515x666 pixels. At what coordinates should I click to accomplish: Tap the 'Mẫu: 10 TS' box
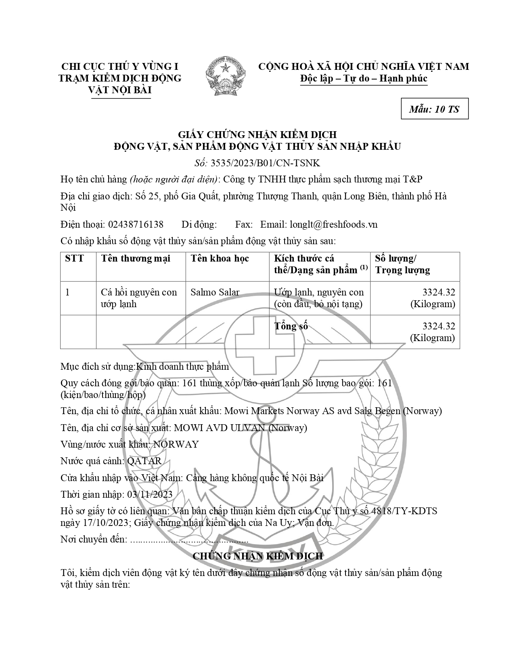[434, 109]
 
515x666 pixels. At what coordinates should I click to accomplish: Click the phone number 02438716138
[135, 224]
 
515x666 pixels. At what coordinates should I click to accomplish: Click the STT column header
[74, 259]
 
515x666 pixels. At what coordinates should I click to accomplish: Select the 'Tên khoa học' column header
[220, 259]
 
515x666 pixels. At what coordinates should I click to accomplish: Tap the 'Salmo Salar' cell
[215, 292]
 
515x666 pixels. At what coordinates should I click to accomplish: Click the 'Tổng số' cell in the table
[291, 326]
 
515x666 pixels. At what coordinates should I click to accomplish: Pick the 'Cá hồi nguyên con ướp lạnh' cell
[139, 298]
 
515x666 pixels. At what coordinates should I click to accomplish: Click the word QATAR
[144, 461]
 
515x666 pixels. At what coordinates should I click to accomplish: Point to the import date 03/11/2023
[150, 494]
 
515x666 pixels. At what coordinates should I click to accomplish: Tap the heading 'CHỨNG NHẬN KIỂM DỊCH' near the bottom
[257, 556]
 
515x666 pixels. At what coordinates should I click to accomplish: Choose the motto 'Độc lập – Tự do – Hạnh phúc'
[364, 78]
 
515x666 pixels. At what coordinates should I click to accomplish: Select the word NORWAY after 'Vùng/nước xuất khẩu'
[176, 444]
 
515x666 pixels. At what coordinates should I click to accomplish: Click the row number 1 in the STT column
[67, 292]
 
